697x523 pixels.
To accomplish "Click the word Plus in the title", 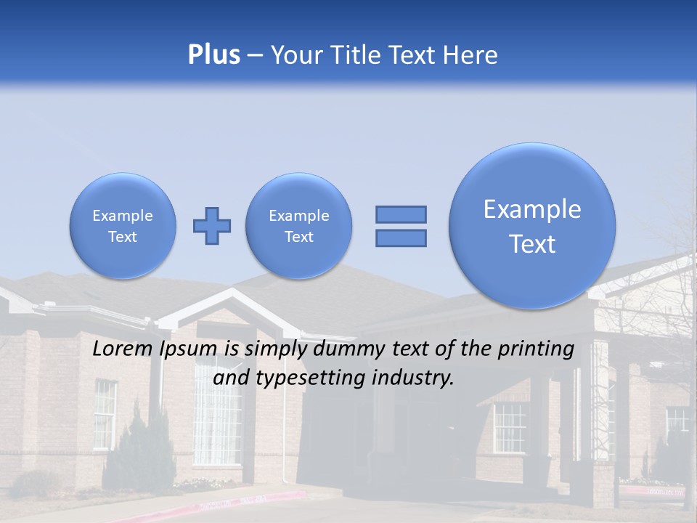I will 213,55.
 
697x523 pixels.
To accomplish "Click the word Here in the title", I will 471,55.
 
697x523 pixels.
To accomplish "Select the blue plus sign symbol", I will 212,226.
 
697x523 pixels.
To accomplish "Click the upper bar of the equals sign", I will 401,214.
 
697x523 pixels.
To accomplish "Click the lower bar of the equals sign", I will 401,238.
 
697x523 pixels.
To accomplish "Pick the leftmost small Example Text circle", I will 122,226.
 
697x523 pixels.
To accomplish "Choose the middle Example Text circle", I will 298,226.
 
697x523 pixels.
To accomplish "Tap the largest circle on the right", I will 532,226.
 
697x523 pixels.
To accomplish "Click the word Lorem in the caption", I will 124,349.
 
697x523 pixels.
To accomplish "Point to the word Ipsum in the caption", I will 190,349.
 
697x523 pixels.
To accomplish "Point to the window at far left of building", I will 105,414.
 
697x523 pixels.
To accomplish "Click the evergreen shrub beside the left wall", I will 149,450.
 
